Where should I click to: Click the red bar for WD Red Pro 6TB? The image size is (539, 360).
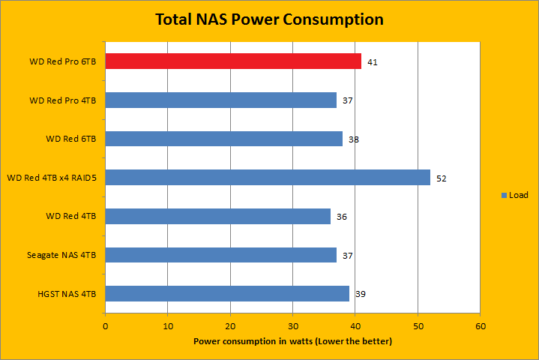pos(233,61)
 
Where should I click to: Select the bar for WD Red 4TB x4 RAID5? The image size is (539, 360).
pos(268,178)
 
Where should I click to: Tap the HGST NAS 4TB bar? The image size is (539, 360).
pos(227,294)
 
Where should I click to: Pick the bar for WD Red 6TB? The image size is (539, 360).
pos(224,139)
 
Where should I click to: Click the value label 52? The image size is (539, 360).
pos(441,178)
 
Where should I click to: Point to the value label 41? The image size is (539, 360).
pos(372,62)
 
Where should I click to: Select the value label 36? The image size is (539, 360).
pos(341,217)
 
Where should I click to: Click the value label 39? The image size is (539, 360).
pos(360,295)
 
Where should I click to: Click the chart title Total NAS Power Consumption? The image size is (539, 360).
pos(269,19)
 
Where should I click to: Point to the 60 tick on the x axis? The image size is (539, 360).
pos(481,326)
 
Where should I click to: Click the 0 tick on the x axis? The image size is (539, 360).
pos(106,326)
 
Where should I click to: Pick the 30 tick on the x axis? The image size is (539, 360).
pos(293,326)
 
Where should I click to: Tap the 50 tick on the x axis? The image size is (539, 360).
pos(418,326)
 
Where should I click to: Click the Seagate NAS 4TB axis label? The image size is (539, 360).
pos(64,256)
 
